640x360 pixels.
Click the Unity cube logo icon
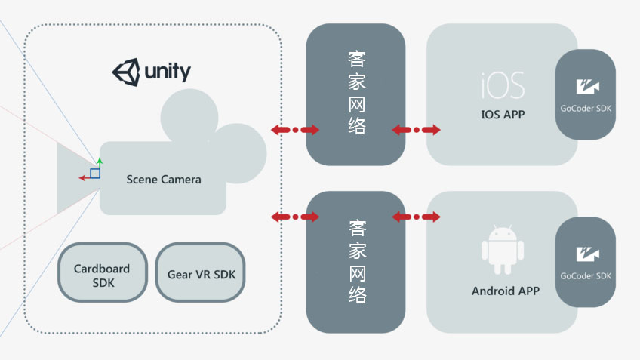coord(126,72)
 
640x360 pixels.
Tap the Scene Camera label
coord(164,180)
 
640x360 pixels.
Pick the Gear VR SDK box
coord(201,273)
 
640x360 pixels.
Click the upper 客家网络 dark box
coord(355,94)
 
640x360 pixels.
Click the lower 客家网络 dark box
coord(355,262)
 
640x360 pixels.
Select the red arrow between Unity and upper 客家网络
coord(295,130)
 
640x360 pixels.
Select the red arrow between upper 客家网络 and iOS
coord(416,130)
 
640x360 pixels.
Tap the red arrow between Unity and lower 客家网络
coord(295,217)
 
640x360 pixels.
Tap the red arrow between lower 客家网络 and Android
coord(416,217)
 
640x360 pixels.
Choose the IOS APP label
coord(503,115)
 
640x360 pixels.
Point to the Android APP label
coord(505,291)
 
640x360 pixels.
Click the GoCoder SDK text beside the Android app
coord(585,276)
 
